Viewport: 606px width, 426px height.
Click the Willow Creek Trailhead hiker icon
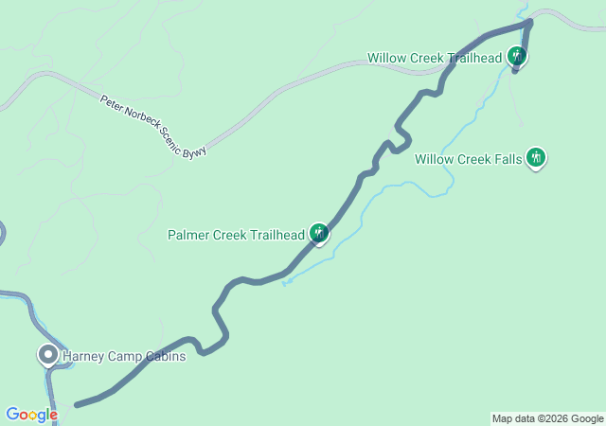(x=516, y=57)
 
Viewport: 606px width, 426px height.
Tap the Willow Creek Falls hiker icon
(x=537, y=157)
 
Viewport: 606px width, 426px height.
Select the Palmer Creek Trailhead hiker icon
(x=319, y=233)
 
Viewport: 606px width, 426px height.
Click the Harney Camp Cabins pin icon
(x=47, y=355)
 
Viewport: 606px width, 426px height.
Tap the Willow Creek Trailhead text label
(x=434, y=58)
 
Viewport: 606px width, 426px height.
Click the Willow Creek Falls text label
(x=468, y=159)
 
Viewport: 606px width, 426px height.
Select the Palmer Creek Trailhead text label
(x=236, y=235)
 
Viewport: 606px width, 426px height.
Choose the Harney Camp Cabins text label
(x=123, y=356)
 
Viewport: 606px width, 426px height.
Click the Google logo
(x=31, y=415)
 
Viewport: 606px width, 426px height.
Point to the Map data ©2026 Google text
(x=547, y=418)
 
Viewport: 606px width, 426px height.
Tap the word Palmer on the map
(x=187, y=235)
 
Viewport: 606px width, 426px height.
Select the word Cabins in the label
(x=164, y=356)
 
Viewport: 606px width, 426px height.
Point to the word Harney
(x=82, y=356)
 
